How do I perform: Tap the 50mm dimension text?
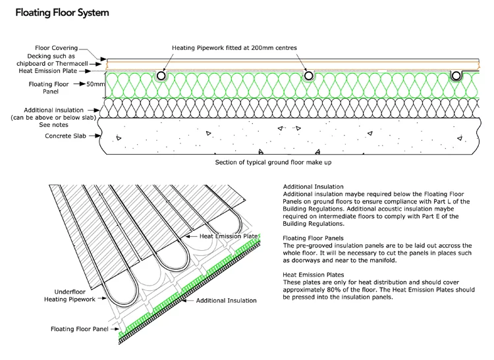pyautogui.click(x=96, y=84)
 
